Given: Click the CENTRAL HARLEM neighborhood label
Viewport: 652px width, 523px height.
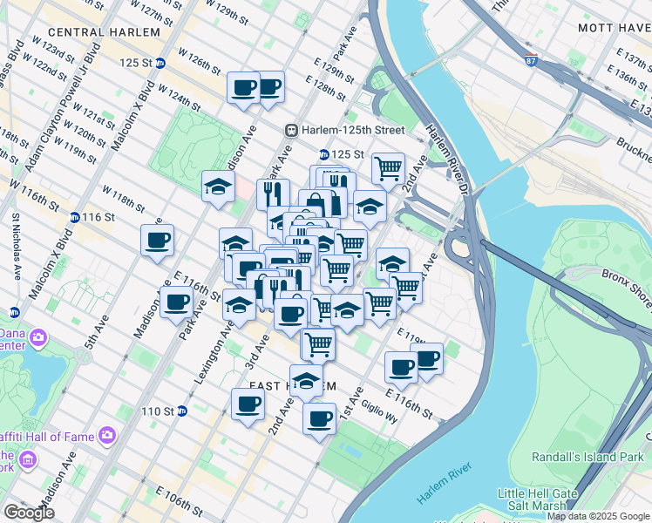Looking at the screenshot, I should pyautogui.click(x=104, y=32).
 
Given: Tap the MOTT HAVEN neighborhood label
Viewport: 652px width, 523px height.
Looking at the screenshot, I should pyautogui.click(x=614, y=28).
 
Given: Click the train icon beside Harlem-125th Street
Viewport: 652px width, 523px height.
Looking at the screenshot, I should pyautogui.click(x=292, y=130).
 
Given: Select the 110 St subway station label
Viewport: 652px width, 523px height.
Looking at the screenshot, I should pyautogui.click(x=158, y=411).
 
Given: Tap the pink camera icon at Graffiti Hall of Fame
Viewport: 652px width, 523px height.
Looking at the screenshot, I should pyautogui.click(x=106, y=433).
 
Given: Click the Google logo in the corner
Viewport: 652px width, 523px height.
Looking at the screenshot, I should pyautogui.click(x=28, y=513).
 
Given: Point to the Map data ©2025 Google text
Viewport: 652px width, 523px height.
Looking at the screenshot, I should pyautogui.click(x=597, y=516).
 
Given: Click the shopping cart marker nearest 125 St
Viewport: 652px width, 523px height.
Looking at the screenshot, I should pyautogui.click(x=388, y=166).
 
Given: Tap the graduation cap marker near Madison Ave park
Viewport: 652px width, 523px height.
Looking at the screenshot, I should pyautogui.click(x=218, y=185).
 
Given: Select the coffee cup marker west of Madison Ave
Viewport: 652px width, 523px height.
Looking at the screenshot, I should pyautogui.click(x=157, y=241).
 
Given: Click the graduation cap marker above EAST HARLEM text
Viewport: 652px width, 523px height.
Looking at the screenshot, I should pyautogui.click(x=306, y=380).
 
